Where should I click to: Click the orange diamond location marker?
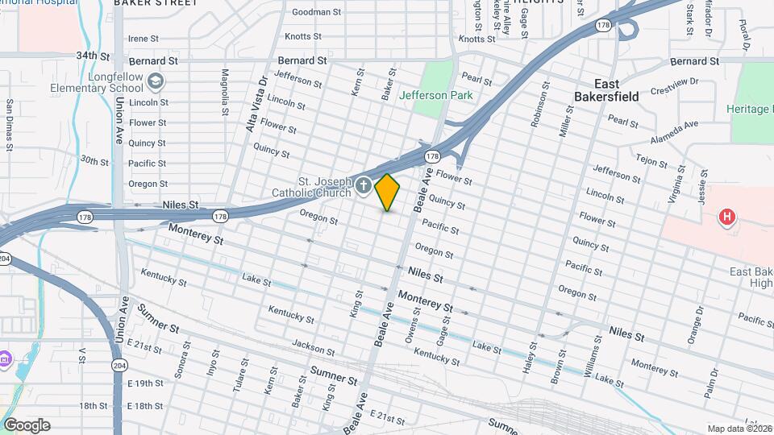coord(388,193)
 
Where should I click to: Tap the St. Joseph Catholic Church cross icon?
coord(363,187)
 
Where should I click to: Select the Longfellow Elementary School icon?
coord(156,81)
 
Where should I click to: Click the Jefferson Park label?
coord(435,95)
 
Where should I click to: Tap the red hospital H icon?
coord(727,217)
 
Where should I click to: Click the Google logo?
coord(27,425)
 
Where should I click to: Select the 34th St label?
coord(93,56)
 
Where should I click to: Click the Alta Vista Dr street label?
coord(256,102)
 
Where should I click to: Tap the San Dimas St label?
coord(9,124)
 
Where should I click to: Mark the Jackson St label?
coord(314,347)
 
